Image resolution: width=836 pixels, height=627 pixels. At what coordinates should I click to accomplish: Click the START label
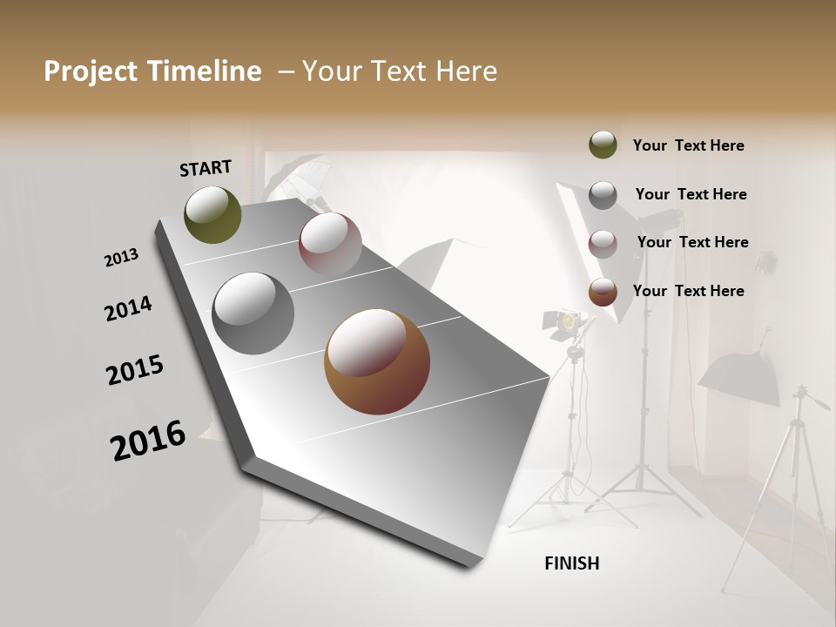[x=206, y=168]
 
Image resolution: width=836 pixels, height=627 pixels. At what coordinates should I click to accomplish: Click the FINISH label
[x=571, y=563]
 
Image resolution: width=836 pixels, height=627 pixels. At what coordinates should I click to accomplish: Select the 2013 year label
[x=121, y=258]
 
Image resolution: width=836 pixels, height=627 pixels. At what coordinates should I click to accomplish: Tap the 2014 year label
[x=128, y=308]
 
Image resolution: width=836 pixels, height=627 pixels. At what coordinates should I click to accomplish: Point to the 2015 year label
[x=135, y=370]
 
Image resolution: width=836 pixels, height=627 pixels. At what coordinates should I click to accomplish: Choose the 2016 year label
[x=148, y=440]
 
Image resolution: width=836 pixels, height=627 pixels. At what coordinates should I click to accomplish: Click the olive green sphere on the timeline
[x=212, y=214]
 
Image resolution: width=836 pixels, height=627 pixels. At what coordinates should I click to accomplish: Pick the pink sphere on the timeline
[x=330, y=243]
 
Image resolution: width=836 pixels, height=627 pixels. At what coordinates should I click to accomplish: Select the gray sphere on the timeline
[x=253, y=313]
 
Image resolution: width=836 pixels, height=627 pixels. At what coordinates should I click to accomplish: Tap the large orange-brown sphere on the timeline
[x=377, y=361]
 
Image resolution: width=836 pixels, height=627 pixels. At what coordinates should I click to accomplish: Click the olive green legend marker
[x=603, y=145]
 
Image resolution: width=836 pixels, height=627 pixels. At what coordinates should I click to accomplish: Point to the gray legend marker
[x=603, y=194]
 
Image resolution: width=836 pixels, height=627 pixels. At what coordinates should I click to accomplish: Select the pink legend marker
[x=603, y=243]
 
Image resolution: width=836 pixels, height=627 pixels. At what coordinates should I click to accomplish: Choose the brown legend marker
[x=603, y=292]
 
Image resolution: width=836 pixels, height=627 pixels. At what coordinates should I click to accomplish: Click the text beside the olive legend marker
[x=688, y=145]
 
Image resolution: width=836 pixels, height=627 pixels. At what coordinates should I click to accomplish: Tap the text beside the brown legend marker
[x=688, y=291]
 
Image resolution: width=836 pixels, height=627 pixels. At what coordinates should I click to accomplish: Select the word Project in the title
[x=90, y=71]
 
